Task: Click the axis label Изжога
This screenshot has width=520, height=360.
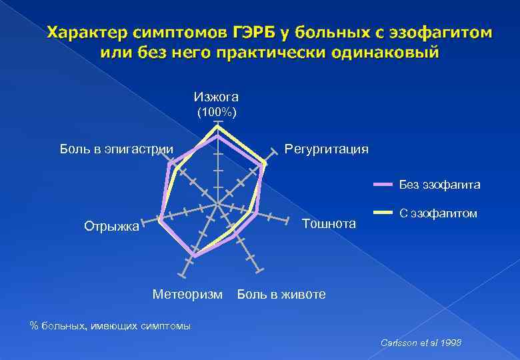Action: (x=216, y=97)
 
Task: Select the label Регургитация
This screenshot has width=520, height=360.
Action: (x=326, y=149)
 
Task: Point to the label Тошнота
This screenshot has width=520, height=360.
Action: (x=329, y=223)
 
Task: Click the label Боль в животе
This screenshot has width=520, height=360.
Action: (x=281, y=294)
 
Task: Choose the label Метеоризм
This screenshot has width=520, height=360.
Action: (x=187, y=294)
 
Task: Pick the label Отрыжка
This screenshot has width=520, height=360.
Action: (x=111, y=226)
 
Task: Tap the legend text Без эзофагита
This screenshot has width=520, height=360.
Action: (x=439, y=184)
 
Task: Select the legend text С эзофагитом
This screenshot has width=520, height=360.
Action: (x=438, y=213)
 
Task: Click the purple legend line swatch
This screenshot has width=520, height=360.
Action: (x=383, y=184)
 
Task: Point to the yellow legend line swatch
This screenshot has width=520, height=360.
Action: (x=383, y=213)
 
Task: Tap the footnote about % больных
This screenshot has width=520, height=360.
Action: (x=111, y=326)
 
